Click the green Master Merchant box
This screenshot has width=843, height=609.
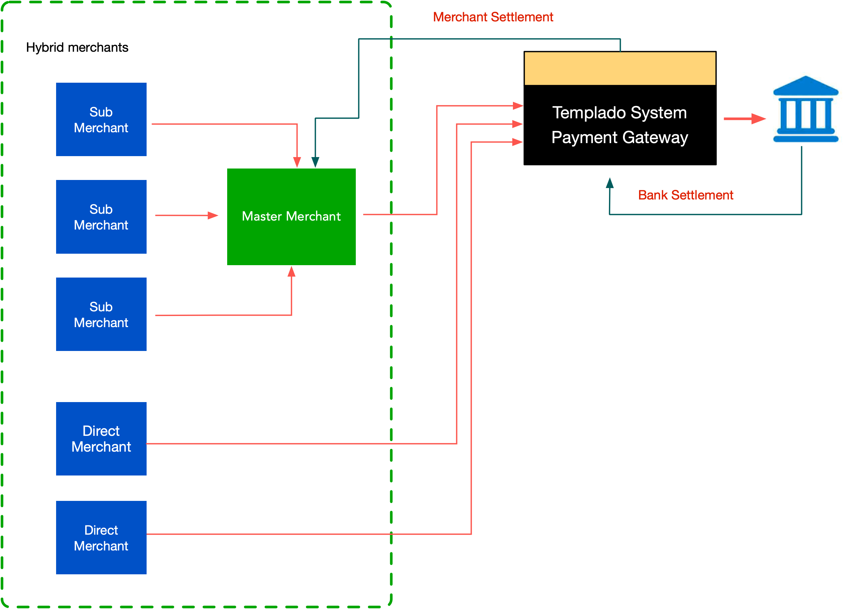point(291,217)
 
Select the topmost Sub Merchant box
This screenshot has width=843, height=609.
point(101,119)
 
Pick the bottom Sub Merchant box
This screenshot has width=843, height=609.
point(101,314)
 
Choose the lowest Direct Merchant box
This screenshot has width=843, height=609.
point(101,538)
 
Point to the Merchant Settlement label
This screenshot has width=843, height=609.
point(493,17)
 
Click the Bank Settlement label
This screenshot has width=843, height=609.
point(685,195)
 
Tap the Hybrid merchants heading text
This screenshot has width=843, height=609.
point(77,48)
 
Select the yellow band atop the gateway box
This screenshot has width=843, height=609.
point(620,68)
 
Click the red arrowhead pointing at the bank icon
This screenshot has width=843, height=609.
point(758,119)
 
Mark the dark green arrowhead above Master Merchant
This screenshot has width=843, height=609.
point(315,162)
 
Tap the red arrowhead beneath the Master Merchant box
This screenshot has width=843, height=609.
point(291,272)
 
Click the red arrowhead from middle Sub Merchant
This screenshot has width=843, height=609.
point(213,216)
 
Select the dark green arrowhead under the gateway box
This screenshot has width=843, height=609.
point(610,183)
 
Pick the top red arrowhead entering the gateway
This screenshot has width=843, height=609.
point(518,106)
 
